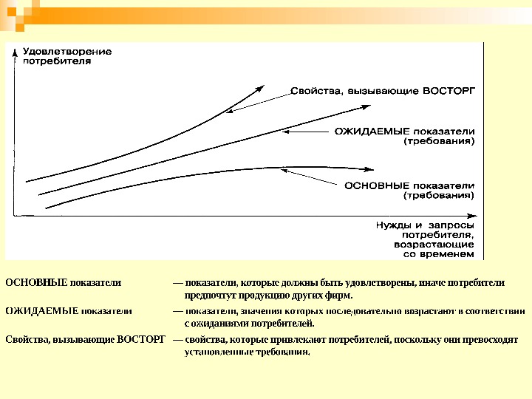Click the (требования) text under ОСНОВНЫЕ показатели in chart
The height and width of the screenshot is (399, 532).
pyautogui.click(x=439, y=196)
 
